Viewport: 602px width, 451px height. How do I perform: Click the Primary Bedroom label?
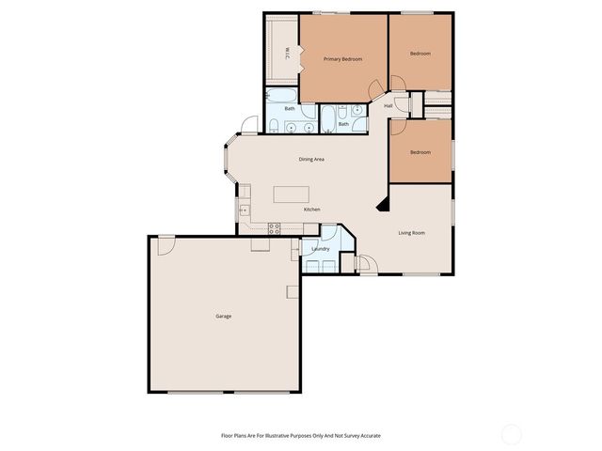(342, 59)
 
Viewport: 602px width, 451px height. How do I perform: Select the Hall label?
(388, 105)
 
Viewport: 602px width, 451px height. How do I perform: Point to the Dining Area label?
(311, 160)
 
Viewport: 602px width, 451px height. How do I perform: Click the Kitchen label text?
(311, 209)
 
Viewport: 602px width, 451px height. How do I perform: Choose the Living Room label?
(412, 232)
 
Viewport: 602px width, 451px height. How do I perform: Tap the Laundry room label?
(320, 249)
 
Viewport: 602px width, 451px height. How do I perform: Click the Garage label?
(223, 316)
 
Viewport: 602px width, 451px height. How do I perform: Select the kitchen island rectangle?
(292, 194)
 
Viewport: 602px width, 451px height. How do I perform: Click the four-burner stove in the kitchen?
(275, 226)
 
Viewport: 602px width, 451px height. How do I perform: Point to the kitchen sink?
(244, 209)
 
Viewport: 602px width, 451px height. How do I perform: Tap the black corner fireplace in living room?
(381, 203)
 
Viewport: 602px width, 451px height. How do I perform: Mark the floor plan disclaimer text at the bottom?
(300, 436)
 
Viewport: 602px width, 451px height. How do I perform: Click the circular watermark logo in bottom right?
(511, 434)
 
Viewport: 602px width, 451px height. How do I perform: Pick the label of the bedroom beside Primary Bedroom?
(420, 54)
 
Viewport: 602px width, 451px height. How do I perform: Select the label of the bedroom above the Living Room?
(420, 152)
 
